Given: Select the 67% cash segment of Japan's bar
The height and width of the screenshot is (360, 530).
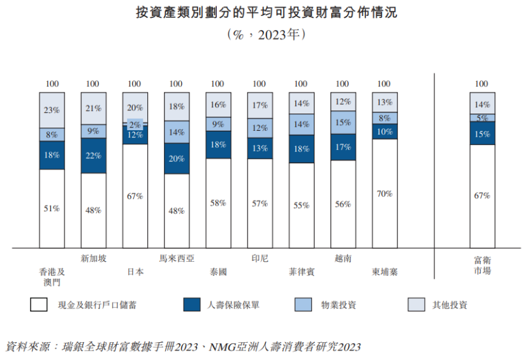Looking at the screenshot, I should [135, 195].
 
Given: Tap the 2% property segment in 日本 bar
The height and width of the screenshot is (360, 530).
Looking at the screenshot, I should [135, 124].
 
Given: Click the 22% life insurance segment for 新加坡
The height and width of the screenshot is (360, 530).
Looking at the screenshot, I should [93, 156].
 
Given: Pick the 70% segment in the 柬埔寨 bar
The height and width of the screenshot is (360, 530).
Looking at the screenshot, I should [384, 193].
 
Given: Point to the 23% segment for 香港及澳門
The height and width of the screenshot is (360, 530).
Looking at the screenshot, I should [52, 110].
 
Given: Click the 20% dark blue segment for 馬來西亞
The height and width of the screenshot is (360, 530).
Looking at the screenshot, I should [176, 158].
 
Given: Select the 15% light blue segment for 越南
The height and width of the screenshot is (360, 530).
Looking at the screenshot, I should [342, 122].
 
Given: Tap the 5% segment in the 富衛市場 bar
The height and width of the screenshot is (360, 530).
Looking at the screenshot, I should [482, 118].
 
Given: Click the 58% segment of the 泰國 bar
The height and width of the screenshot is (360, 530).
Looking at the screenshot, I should [217, 202].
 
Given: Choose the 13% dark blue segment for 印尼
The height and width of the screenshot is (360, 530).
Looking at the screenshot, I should [260, 148].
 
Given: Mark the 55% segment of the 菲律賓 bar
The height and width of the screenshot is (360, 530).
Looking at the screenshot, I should [301, 205].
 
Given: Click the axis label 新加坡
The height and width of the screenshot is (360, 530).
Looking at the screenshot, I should [93, 259].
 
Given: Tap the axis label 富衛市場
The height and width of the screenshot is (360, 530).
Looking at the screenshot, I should [482, 265].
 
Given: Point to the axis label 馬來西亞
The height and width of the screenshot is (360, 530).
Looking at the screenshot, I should [176, 259].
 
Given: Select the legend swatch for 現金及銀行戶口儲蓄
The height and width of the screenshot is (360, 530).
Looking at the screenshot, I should [39, 304].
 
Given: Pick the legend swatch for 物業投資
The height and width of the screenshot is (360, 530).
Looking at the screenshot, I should [304, 304].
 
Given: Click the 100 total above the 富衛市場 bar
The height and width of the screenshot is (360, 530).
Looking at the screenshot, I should [482, 84].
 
